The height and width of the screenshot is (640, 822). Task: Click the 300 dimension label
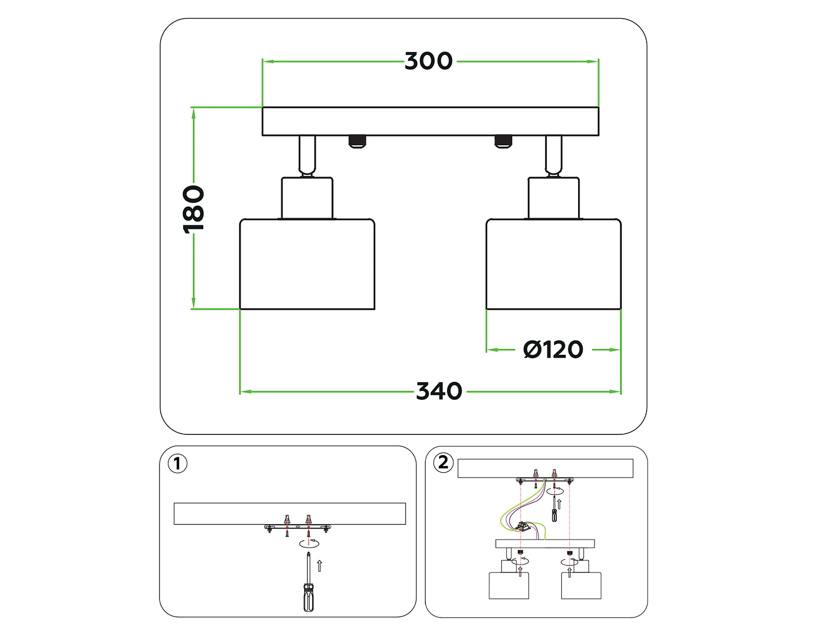coord(429,61)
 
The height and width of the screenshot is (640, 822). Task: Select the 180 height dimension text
coord(193,209)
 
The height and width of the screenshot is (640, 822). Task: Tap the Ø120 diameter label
coord(553,349)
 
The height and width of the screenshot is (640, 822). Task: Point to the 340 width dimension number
coord(439,392)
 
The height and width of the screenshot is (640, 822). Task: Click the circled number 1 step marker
coord(177,463)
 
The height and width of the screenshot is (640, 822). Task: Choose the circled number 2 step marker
coord(443,462)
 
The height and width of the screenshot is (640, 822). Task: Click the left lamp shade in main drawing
coord(307,264)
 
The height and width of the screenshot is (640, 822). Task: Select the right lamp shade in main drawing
coord(553,264)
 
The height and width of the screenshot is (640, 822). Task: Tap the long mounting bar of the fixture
coord(430,121)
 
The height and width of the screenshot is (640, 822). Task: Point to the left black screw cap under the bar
coord(357,141)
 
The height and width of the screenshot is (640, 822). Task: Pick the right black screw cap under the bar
coord(503,141)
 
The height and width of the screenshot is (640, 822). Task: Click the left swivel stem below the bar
coord(307,155)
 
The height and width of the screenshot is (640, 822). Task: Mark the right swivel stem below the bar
coord(553,155)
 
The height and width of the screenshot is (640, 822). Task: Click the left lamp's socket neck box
coord(307,197)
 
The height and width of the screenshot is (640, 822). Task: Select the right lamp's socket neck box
coord(553,197)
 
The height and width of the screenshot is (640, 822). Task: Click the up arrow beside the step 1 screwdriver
coord(319,565)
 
